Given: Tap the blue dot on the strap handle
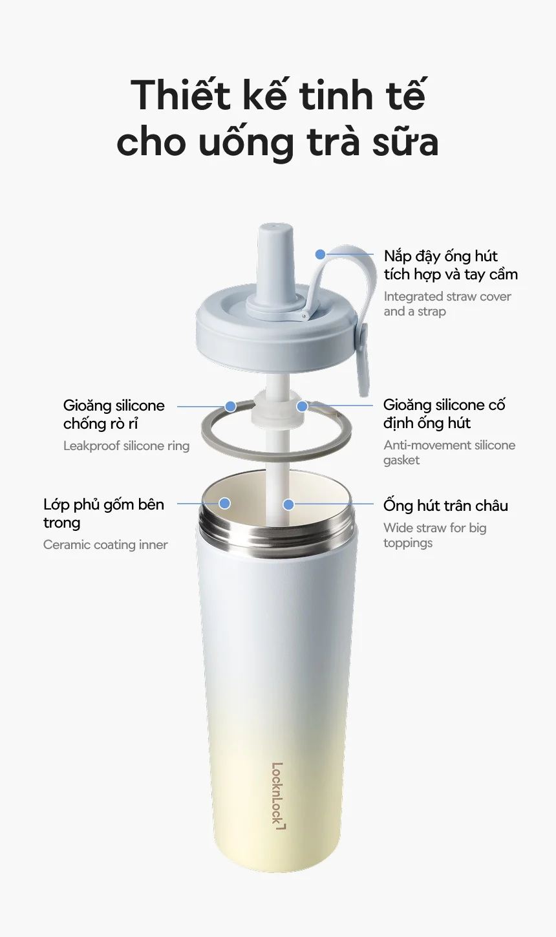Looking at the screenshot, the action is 321,254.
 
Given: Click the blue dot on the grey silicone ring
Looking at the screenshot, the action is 230,406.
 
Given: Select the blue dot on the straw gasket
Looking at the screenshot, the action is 302,405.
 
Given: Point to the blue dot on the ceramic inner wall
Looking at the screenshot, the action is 224,503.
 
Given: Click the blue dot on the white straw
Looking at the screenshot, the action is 288,504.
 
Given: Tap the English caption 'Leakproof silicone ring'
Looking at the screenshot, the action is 126,446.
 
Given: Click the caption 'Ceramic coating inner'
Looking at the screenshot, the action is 105,544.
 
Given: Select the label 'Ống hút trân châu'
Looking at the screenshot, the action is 445,505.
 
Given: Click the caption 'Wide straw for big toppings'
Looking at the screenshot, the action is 434,535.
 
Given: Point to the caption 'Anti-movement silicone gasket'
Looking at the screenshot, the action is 449,452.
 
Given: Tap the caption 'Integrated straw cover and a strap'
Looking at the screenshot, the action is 447,304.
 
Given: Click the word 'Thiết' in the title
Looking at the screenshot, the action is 181,94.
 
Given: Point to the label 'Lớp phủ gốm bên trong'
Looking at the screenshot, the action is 103,513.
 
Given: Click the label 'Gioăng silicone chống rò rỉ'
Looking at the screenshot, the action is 114,414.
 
